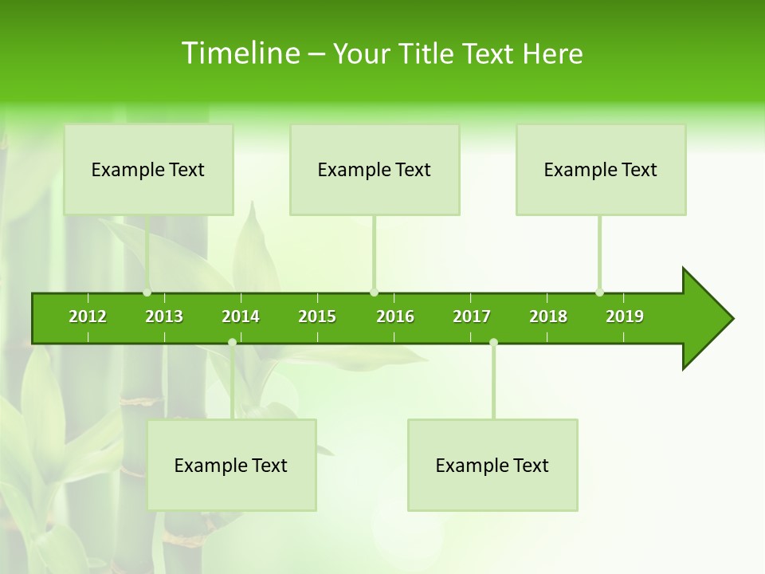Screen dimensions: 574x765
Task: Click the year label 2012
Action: click(x=88, y=316)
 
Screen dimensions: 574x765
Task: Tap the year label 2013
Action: click(x=164, y=316)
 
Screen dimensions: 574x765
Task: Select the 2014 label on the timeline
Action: click(x=241, y=316)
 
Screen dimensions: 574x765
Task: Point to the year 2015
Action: click(x=317, y=316)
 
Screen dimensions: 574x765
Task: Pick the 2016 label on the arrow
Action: click(x=395, y=316)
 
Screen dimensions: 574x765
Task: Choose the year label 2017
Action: click(x=472, y=316)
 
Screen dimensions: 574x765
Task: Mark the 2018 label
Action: click(x=548, y=316)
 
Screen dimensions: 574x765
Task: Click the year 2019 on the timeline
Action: click(x=625, y=316)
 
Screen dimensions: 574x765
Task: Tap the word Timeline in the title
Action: click(x=240, y=53)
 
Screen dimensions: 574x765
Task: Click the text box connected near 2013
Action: click(x=148, y=169)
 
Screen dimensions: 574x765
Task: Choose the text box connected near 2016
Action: click(x=375, y=169)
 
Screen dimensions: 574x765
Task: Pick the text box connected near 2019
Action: click(x=601, y=169)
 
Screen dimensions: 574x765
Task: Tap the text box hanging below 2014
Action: click(x=231, y=465)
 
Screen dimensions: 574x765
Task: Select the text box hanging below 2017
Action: click(x=492, y=465)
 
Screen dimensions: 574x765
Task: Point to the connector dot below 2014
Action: click(x=232, y=342)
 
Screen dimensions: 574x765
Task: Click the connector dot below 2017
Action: click(x=493, y=342)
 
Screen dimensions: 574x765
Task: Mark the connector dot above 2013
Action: click(x=147, y=292)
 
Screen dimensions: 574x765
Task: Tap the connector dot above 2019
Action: click(x=599, y=292)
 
